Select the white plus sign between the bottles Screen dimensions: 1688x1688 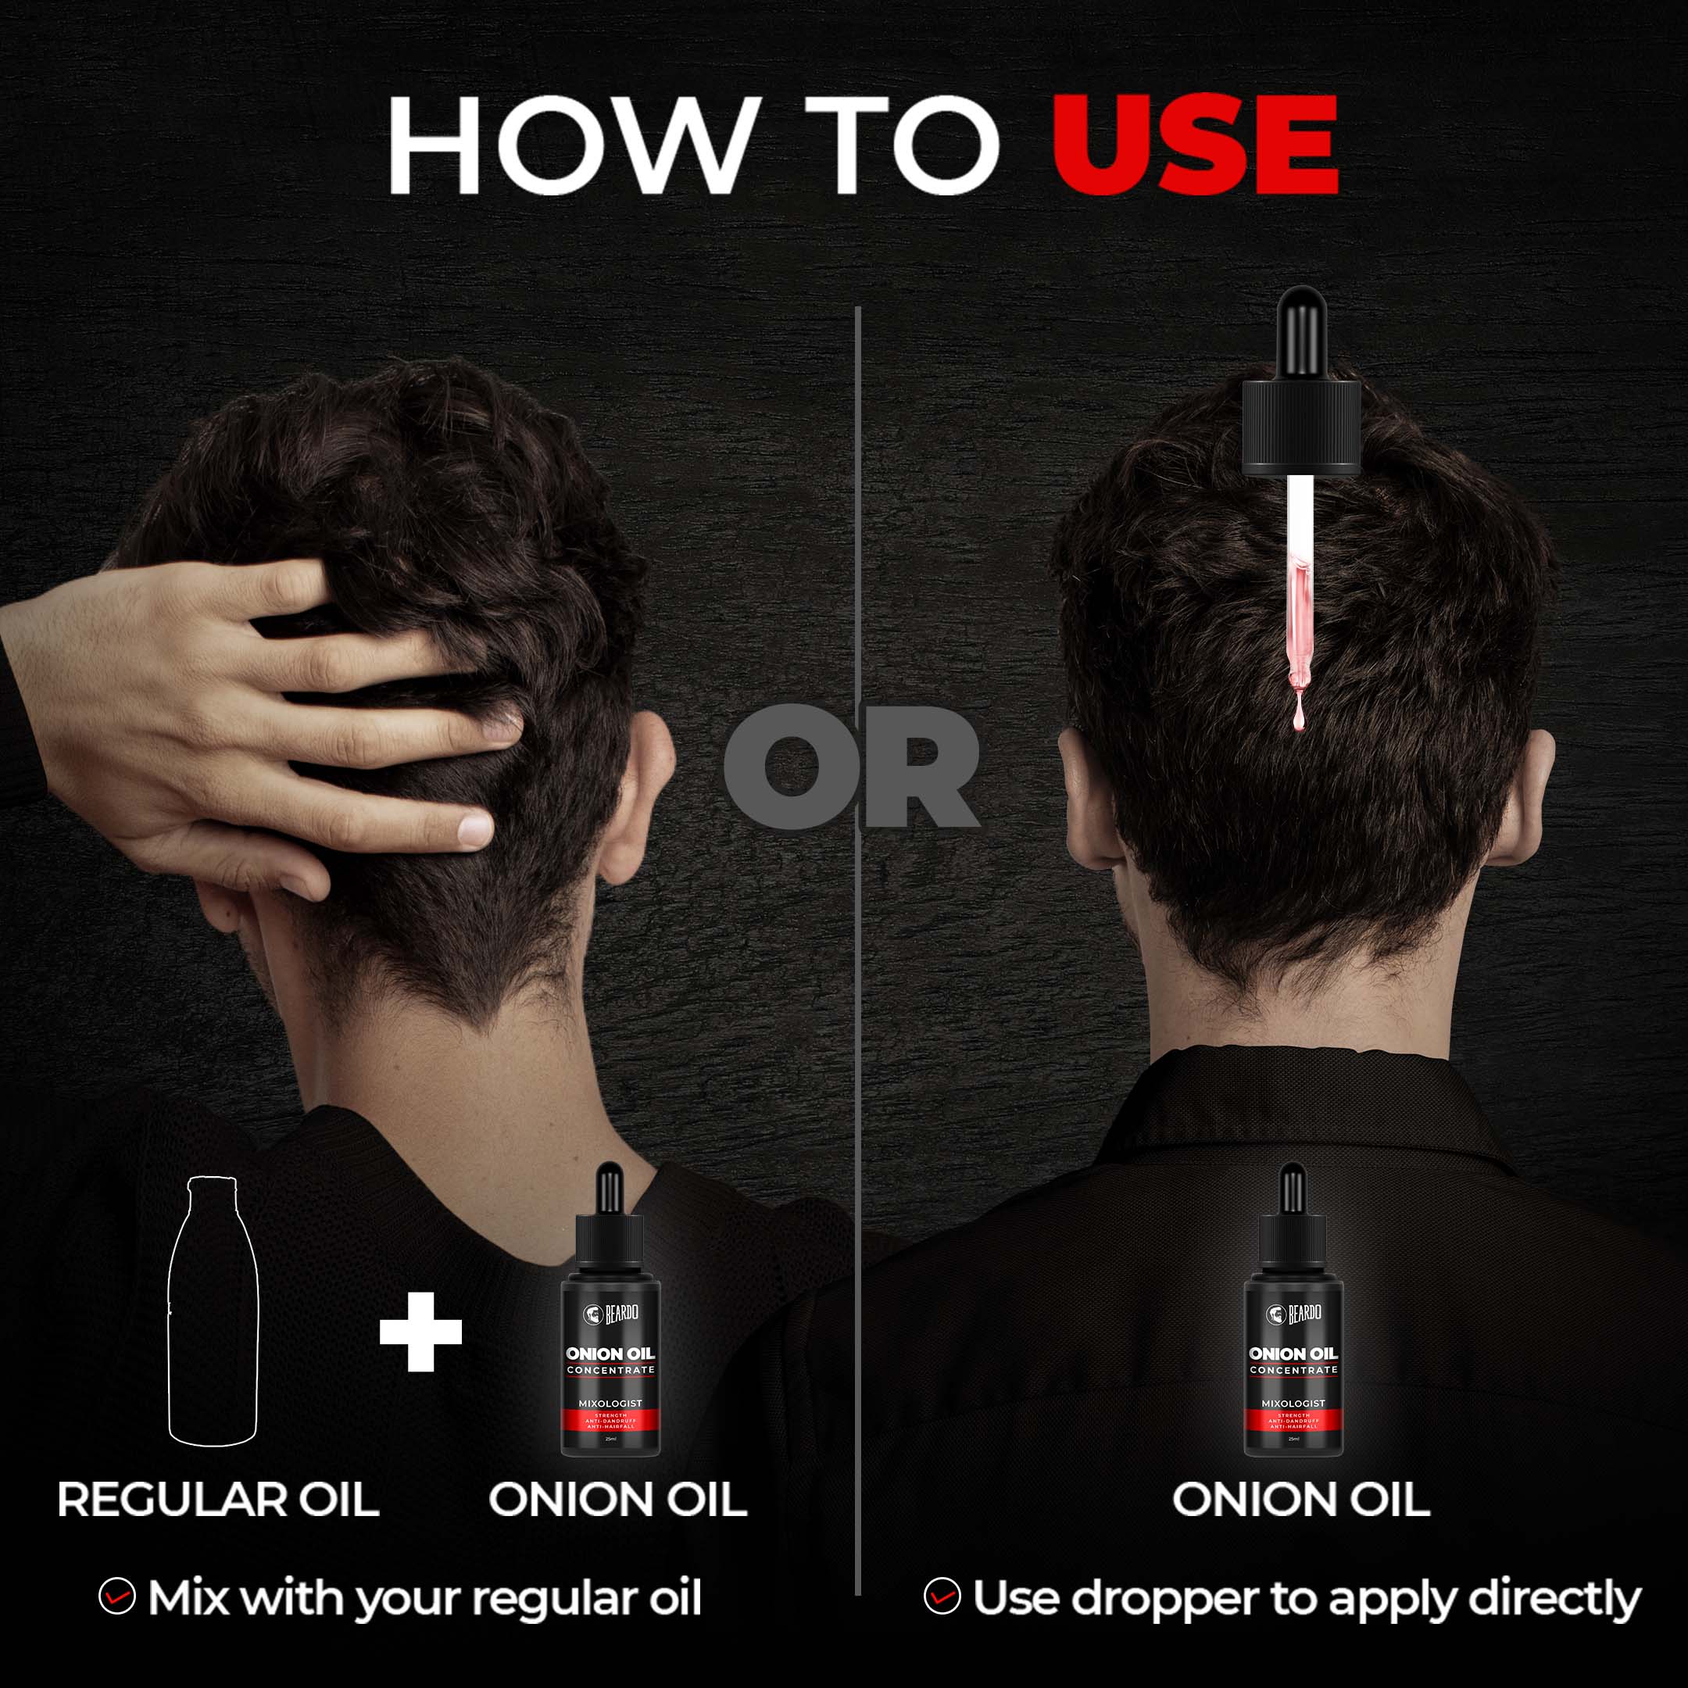(420, 1332)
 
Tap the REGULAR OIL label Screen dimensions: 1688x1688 (217, 1500)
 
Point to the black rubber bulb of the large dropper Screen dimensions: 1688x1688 (1301, 332)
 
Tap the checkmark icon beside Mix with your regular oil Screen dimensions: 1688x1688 (117, 1597)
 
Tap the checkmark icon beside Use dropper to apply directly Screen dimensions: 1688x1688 (942, 1597)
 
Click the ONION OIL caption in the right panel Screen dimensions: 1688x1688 (1301, 1500)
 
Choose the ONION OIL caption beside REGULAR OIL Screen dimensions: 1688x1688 (617, 1500)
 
